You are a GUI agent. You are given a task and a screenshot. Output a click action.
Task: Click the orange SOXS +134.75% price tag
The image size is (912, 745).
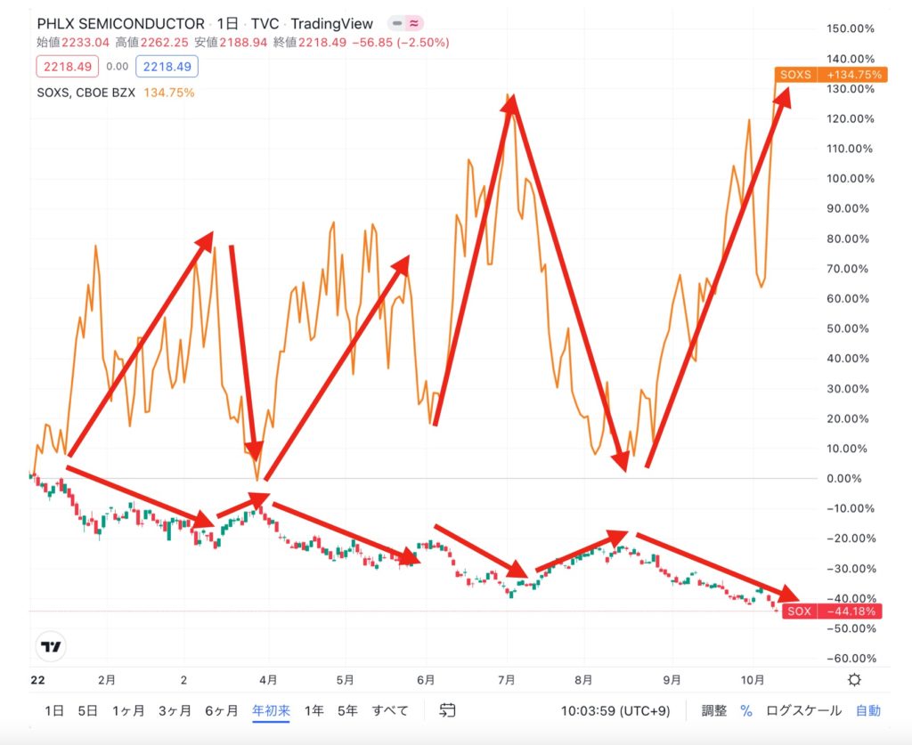pos(829,75)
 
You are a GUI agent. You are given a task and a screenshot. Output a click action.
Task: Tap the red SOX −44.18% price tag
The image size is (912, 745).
pos(832,611)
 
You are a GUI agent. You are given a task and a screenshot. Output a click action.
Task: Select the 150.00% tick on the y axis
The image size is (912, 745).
pos(851,28)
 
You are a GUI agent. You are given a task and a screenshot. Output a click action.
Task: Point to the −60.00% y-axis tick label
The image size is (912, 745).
pos(851,659)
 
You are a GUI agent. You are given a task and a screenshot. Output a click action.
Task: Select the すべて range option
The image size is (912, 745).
pos(390,710)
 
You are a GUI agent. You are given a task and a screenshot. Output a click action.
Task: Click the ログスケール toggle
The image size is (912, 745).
pos(803,710)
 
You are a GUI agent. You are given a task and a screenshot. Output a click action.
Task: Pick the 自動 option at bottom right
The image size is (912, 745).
pos(868,710)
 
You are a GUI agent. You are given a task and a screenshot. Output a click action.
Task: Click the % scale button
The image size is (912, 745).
pos(746,710)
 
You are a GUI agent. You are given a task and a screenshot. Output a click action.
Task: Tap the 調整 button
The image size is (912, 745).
pos(714,710)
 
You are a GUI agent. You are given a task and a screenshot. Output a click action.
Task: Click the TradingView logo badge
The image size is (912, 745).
pos(54,647)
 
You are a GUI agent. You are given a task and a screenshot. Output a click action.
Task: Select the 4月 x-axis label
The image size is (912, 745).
pos(269,679)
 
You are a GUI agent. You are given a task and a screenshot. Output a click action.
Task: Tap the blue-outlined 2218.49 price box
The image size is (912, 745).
pos(167,66)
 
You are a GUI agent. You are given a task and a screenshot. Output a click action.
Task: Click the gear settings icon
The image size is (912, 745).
pos(855,680)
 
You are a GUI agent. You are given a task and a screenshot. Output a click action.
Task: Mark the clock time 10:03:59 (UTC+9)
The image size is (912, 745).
pos(615,710)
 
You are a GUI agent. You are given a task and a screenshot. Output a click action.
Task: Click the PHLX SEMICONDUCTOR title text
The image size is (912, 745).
pos(120,24)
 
